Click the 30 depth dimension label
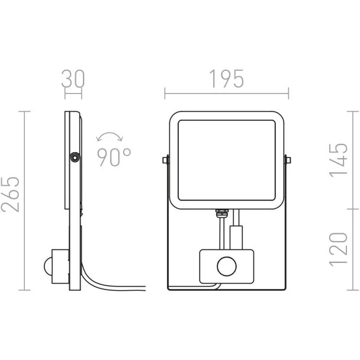(73, 79)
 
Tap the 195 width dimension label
(226, 79)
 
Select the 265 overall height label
(10, 194)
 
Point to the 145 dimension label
(339, 160)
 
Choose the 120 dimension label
(339, 249)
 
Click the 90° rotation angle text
(114, 157)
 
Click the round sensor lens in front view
(227, 266)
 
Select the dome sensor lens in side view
(48, 266)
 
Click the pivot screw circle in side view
(75, 158)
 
